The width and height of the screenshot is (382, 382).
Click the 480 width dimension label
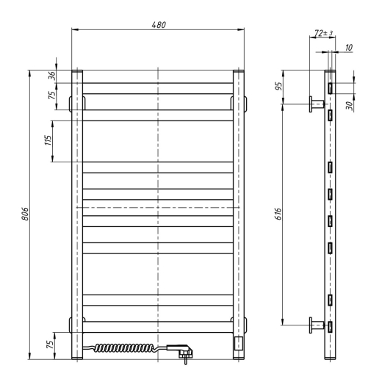click(x=158, y=24)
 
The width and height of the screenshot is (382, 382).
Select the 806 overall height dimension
click(x=24, y=215)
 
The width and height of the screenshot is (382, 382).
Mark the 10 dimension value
click(x=347, y=47)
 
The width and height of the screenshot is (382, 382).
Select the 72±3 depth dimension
click(x=321, y=33)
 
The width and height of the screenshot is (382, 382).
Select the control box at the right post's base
click(x=238, y=343)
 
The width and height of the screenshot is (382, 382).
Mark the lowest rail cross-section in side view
click(x=331, y=325)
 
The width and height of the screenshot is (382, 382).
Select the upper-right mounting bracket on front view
click(x=242, y=101)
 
